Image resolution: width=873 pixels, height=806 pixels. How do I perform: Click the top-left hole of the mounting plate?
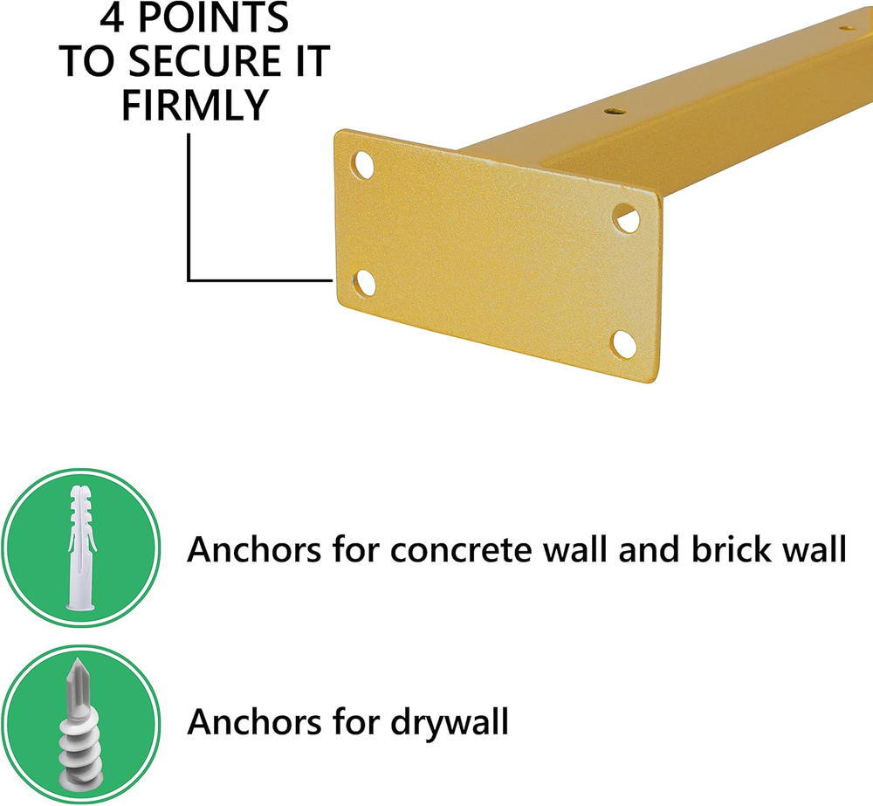(363, 165)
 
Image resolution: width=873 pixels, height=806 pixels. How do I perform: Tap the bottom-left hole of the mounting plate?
(364, 283)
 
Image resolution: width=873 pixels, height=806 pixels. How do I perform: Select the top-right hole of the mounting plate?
(627, 218)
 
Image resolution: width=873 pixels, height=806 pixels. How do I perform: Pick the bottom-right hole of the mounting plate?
(623, 344)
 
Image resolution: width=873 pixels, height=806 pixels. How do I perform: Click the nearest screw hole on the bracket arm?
(615, 111)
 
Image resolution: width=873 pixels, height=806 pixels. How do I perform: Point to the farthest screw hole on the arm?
(848, 28)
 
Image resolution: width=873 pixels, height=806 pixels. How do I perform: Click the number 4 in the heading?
(112, 17)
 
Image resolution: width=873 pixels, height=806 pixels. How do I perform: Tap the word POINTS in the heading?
(213, 17)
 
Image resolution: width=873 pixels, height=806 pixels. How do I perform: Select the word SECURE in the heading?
(205, 61)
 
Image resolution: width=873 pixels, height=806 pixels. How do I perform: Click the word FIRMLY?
(195, 106)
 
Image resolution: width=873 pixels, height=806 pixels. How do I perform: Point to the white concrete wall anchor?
(81, 547)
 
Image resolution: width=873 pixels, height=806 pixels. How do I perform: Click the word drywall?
(450, 722)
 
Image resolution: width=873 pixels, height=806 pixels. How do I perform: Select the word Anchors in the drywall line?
(254, 721)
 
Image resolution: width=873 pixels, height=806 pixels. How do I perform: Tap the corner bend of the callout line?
(189, 279)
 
